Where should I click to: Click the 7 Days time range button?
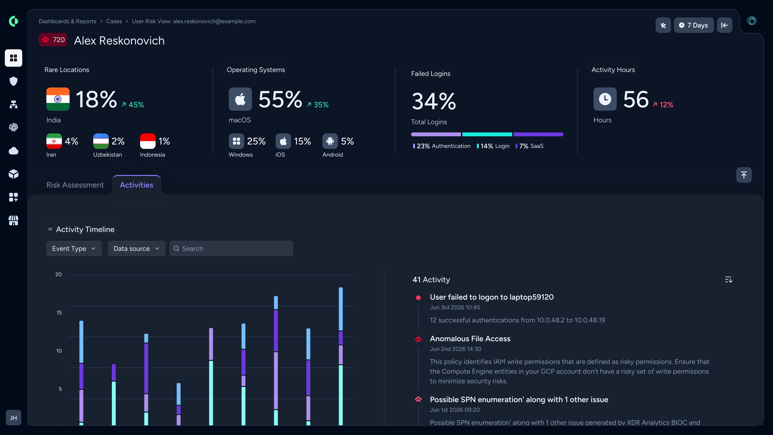[x=694, y=25]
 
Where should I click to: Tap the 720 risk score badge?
[x=53, y=40]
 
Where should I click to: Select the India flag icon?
[x=58, y=99]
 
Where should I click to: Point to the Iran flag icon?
[x=54, y=141]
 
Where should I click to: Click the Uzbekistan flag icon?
[x=101, y=141]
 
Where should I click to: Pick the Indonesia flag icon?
[x=148, y=141]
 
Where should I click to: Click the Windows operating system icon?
[x=236, y=141]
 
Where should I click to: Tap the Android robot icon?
[x=330, y=141]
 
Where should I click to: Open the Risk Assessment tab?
[x=75, y=185]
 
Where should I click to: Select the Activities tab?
[x=136, y=185]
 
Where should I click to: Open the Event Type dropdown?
[x=74, y=249]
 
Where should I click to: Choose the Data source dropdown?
[x=136, y=249]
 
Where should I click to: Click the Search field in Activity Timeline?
[x=231, y=249]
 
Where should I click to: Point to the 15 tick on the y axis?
[x=59, y=312]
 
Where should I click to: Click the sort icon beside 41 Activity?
[x=729, y=280]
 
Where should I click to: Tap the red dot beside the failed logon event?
[x=418, y=297]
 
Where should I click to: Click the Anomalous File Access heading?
[x=470, y=339]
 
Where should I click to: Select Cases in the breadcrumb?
[x=114, y=21]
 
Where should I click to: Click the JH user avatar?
[x=14, y=418]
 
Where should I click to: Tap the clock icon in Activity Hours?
[x=605, y=99]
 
